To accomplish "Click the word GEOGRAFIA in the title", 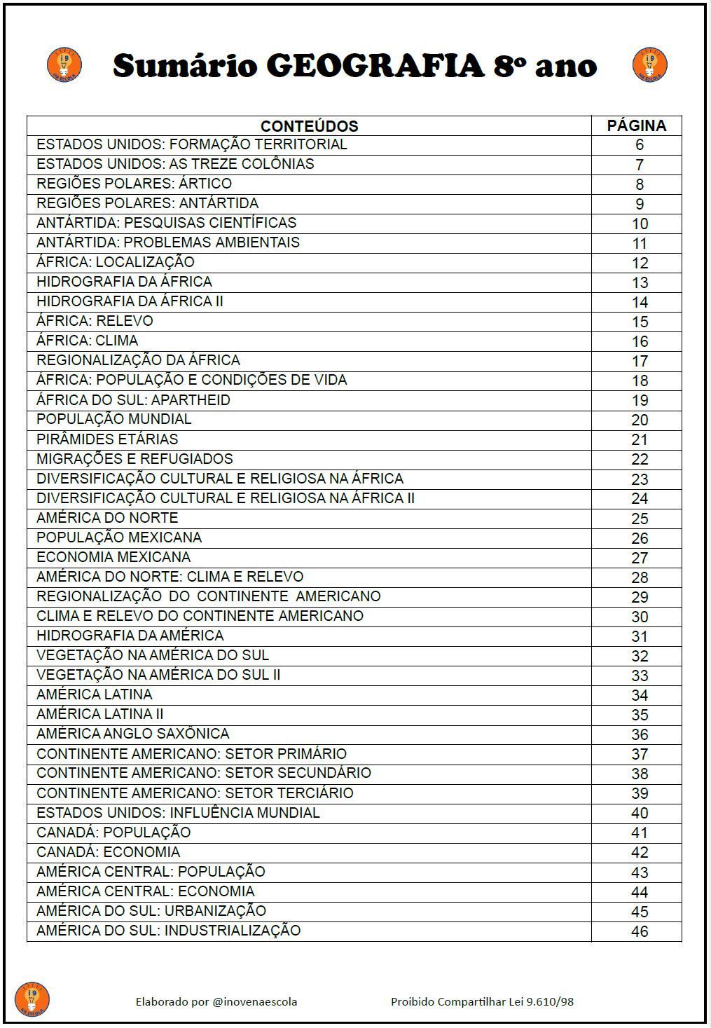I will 375,66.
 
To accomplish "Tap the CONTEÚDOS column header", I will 309,126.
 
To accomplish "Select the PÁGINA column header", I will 636,125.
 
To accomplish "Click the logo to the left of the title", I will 64,65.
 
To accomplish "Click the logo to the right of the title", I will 649,65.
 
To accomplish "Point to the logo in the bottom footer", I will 32,999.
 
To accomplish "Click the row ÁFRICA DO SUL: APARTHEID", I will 133,399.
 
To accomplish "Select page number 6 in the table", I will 639,145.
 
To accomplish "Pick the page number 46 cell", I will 639,931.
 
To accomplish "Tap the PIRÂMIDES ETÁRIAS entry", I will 107,439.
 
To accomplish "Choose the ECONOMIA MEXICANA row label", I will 113,557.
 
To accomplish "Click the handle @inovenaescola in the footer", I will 254,1001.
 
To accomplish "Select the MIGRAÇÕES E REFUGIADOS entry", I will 134,459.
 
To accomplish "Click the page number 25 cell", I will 639,519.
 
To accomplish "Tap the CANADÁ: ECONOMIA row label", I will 108,852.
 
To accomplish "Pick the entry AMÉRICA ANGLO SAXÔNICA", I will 132,734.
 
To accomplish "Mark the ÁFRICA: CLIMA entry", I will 88,341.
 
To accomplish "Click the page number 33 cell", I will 639,676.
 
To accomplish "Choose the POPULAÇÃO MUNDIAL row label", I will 113,419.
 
